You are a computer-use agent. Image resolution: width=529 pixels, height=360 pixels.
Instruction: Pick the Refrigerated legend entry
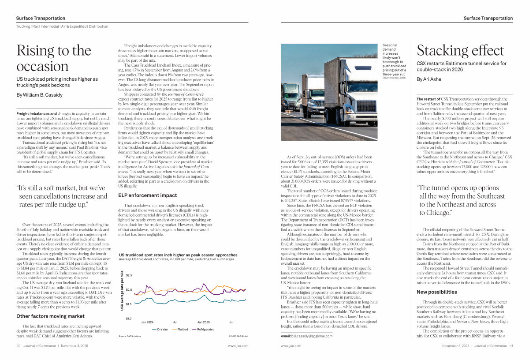click(x=203, y=329)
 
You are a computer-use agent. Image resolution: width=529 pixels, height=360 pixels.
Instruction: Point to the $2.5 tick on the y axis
click(x=129, y=275)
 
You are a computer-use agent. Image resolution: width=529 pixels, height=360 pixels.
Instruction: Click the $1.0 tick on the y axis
click(x=129, y=319)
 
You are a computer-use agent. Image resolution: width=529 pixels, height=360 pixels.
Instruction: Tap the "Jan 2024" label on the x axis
click(x=147, y=322)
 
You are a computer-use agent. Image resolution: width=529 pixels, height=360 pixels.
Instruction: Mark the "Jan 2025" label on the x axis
click(x=204, y=322)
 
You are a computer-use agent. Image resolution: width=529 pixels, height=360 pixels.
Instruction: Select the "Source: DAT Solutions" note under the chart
click(x=130, y=336)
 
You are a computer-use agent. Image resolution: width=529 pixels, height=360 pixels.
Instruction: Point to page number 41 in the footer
click(x=511, y=346)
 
